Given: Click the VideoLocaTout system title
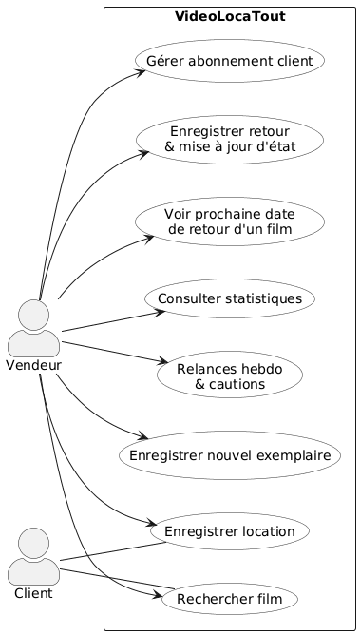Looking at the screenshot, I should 230,17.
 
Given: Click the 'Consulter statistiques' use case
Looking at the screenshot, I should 230,298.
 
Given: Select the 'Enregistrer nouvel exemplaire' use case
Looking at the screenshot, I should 230,455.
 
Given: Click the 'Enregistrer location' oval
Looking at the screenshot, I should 230,529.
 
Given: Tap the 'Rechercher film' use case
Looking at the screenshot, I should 230,600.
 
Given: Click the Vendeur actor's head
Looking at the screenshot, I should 35,315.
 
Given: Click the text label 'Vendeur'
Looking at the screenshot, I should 34,366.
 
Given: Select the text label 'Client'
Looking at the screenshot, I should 34,593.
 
